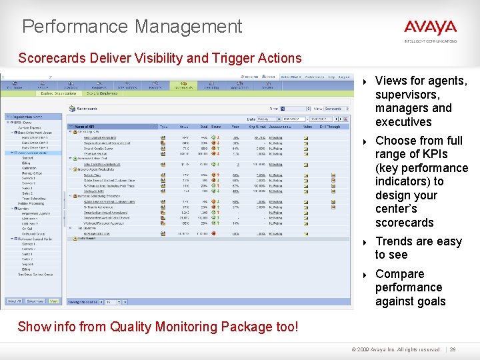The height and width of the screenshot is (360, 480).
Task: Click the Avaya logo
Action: (x=430, y=28)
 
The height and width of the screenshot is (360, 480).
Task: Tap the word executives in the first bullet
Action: (x=403, y=122)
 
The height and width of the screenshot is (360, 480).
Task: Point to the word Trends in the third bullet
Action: (x=395, y=241)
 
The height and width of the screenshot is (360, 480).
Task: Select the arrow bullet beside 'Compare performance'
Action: (x=365, y=275)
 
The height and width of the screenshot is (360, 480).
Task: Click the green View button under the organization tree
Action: (x=53, y=301)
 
